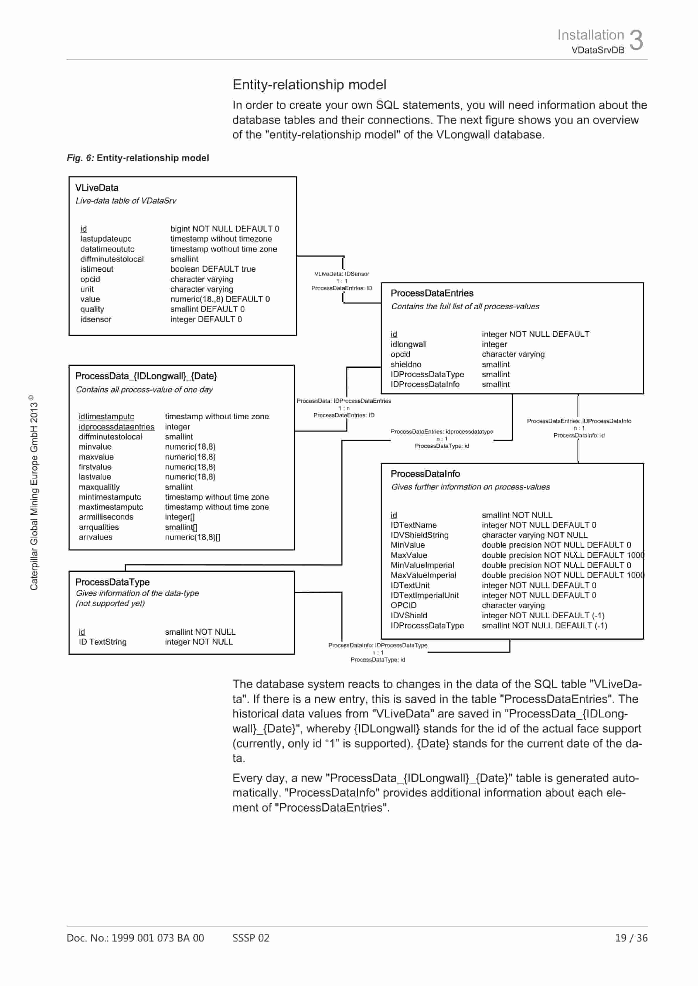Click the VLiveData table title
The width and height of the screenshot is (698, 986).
(x=97, y=188)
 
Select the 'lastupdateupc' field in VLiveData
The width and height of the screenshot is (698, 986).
(x=106, y=239)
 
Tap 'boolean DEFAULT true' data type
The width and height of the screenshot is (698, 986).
(x=213, y=269)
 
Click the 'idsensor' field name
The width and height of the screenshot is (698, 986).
(x=96, y=319)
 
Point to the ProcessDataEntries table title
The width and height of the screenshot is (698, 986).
(x=432, y=293)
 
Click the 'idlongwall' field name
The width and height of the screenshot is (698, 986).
(x=408, y=344)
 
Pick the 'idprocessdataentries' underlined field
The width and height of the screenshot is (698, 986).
(x=116, y=427)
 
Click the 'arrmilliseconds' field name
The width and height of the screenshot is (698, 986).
(x=106, y=517)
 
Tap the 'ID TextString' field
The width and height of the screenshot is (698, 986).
(x=102, y=642)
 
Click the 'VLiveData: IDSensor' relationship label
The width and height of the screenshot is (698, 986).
(x=341, y=273)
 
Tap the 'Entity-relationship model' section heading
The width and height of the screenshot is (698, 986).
(x=309, y=85)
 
